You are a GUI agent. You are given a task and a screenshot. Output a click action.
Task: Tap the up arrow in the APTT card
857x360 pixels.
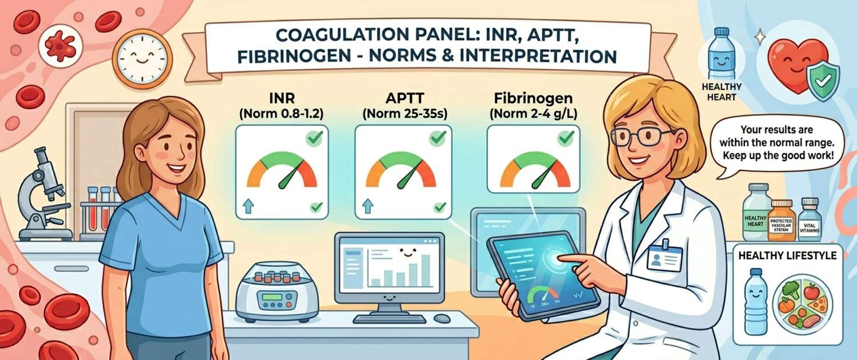point(367,206)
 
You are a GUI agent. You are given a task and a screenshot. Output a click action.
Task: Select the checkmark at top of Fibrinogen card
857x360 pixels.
point(566,138)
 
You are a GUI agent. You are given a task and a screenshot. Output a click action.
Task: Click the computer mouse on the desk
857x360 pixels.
point(441,318)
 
